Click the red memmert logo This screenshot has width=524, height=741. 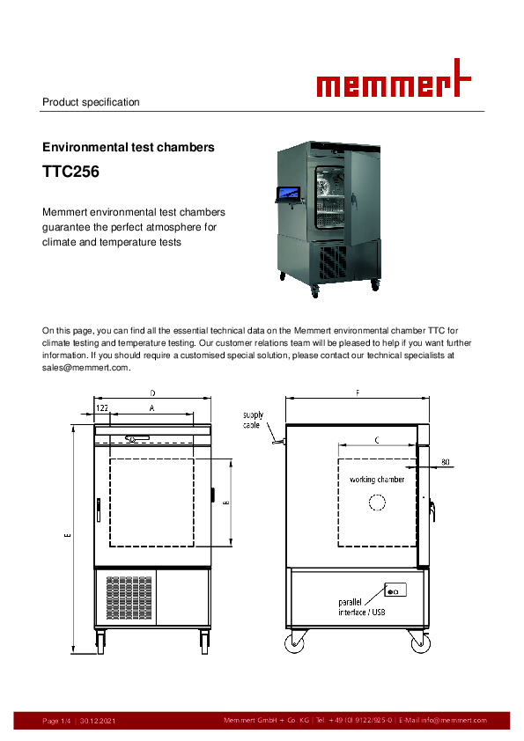point(394,78)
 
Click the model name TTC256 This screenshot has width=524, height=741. point(71,172)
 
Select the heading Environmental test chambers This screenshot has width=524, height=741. point(129,147)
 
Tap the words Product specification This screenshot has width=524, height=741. point(91,102)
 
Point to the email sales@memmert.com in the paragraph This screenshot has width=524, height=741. point(85,368)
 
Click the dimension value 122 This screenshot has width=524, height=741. point(102,407)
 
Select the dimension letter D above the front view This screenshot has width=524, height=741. point(152,393)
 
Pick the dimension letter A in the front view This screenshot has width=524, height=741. point(151,407)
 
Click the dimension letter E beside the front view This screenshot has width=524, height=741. point(68,535)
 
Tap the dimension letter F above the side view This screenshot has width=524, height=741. point(358,393)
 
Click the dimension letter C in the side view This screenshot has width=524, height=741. point(377,440)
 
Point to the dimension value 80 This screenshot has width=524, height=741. point(446,462)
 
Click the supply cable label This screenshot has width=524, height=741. point(253,420)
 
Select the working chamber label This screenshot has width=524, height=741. point(377,480)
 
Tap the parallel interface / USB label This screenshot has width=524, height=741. point(362,607)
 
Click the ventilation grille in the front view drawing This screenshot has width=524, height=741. point(129,598)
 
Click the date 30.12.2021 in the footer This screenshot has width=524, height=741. point(98,721)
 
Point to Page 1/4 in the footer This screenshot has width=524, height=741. point(56,721)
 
